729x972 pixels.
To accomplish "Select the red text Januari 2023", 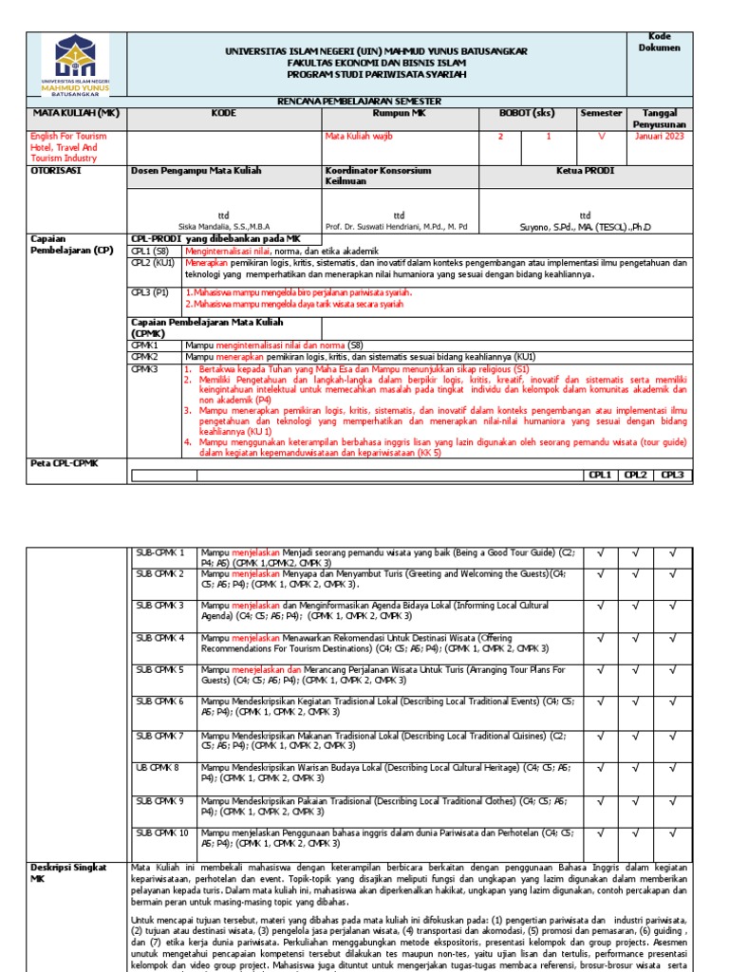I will (658, 137).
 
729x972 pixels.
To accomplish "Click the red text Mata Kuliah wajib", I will (359, 137).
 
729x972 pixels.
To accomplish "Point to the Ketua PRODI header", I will (585, 171).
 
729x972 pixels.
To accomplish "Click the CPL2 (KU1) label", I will (153, 263).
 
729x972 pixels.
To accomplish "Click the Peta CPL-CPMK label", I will (66, 462).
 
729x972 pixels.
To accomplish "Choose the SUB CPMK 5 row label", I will (159, 670).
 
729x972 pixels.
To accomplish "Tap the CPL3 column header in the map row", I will (672, 475).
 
